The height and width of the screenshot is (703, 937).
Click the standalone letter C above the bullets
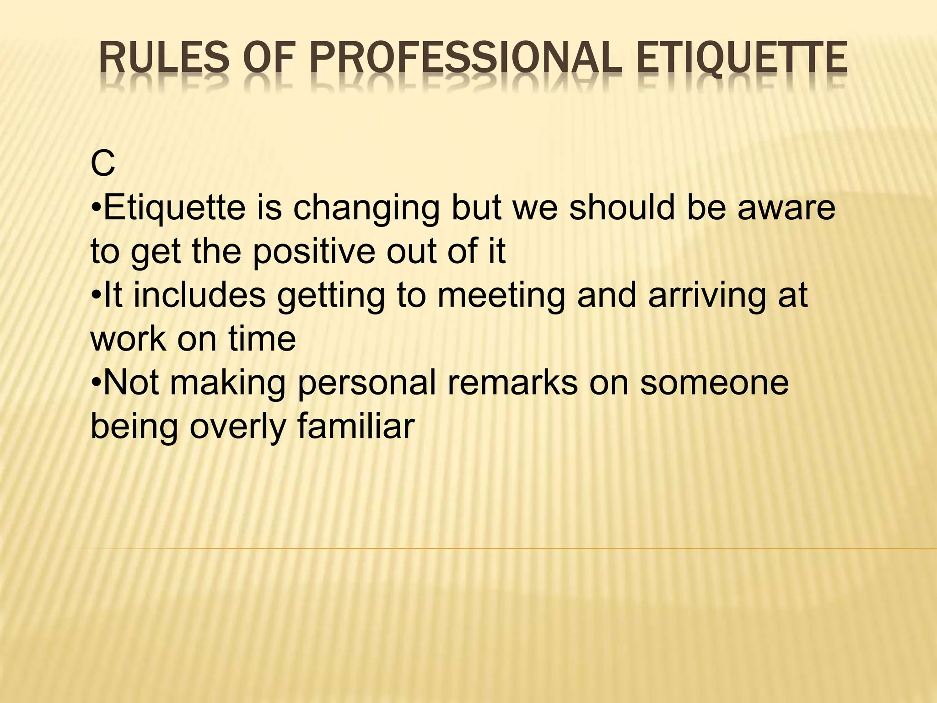pyautogui.click(x=102, y=165)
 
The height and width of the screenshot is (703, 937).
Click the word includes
pyautogui.click(x=199, y=295)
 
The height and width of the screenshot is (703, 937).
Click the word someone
pyautogui.click(x=714, y=383)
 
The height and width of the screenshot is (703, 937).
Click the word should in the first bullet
pyautogui.click(x=622, y=208)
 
